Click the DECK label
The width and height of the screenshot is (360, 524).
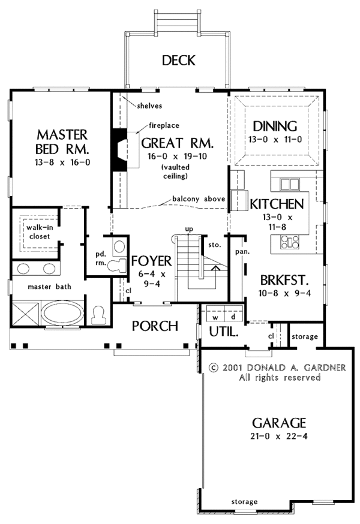coord(178,61)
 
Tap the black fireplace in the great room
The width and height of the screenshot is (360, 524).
coord(119,150)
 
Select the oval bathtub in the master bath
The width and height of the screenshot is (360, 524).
coord(63,313)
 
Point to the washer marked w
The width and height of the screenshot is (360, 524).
coord(215,317)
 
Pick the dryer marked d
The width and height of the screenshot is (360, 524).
coord(233,317)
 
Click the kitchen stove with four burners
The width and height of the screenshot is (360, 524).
coord(290,242)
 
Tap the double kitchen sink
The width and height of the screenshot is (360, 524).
coord(289,184)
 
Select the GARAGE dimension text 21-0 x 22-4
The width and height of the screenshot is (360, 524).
coord(278,436)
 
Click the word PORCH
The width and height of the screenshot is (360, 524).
coord(155,326)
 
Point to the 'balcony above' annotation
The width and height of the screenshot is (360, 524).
coord(199,199)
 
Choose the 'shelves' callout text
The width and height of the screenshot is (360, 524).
coord(149,106)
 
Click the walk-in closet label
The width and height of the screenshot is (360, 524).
coord(40,232)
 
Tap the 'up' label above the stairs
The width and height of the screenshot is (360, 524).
coord(189,229)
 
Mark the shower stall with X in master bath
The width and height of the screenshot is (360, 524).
coord(26,313)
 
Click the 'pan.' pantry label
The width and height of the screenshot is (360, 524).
coord(242,252)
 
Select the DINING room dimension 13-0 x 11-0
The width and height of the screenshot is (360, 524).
coord(275,139)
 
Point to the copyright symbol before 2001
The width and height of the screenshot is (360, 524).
coord(214,368)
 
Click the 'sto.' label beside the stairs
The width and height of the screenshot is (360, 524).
coord(214,245)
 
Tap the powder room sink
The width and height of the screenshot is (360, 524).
coord(118,247)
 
